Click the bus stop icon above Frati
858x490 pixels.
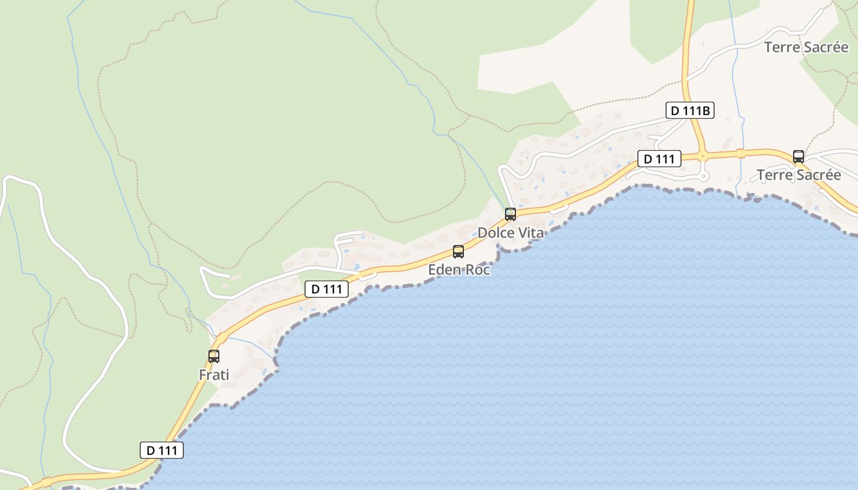pos(213,356)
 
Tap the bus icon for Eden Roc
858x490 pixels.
pos(458,251)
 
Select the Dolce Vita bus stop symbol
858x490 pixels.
pos(510,214)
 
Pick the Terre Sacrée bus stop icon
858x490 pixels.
pos(798,156)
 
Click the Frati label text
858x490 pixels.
pos(214,374)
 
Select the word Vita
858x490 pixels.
pos(531,233)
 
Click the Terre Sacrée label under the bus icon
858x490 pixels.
pos(799,175)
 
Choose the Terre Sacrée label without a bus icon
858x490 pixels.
pos(806,47)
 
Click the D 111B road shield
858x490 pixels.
pos(689,110)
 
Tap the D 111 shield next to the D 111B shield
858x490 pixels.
pos(659,159)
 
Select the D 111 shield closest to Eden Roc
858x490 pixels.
pos(326,289)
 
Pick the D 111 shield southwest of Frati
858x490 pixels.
pos(162,450)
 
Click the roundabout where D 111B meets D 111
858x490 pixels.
pos(702,155)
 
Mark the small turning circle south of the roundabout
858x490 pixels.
pos(704,176)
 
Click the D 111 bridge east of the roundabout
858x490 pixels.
pos(740,153)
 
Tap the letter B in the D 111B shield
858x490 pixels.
pos(706,110)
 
